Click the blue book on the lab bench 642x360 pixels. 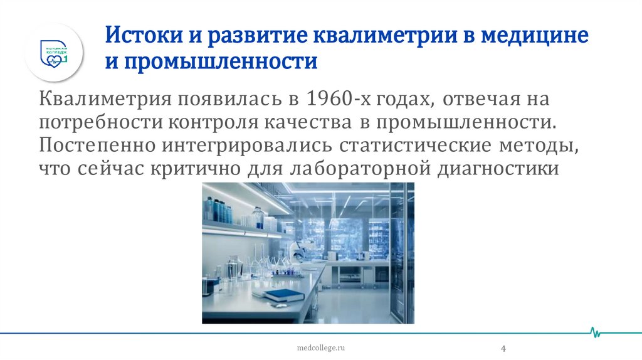(283, 293)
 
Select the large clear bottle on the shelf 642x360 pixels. (258, 217)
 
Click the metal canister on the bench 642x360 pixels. (233, 270)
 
